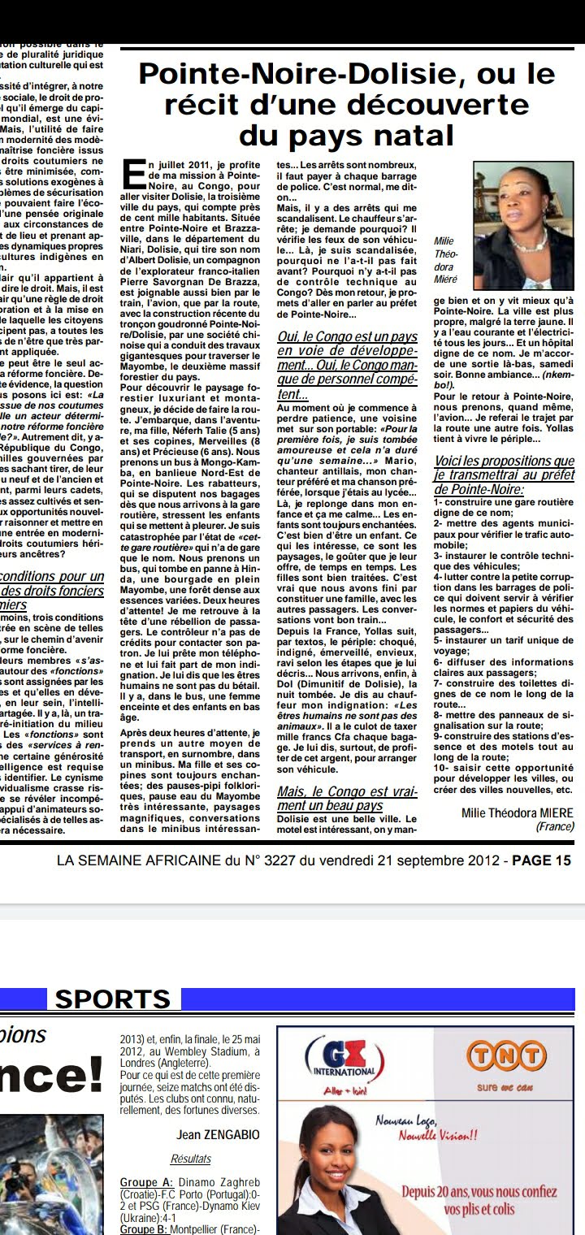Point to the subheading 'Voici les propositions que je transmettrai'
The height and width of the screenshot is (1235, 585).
pyautogui.click(x=504, y=474)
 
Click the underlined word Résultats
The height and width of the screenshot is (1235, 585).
pyautogui.click(x=191, y=1159)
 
